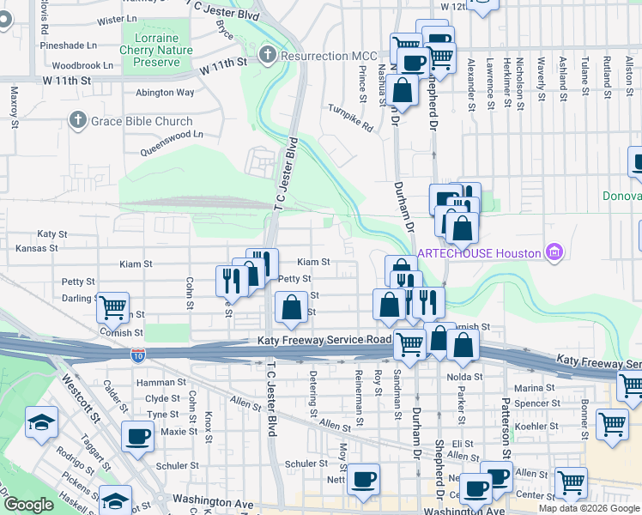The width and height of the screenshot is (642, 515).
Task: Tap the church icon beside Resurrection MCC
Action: pyautogui.click(x=268, y=56)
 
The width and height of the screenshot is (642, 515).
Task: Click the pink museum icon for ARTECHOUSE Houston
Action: pyautogui.click(x=554, y=252)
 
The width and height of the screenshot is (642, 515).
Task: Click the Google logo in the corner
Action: pyautogui.click(x=27, y=506)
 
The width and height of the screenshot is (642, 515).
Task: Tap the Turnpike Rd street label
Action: pyautogui.click(x=351, y=118)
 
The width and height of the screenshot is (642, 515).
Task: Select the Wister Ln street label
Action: pyautogui.click(x=118, y=19)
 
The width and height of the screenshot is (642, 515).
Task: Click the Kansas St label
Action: pyautogui.click(x=36, y=248)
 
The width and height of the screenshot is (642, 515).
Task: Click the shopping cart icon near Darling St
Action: pyautogui.click(x=112, y=306)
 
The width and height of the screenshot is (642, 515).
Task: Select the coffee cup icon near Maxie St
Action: pyautogui.click(x=137, y=435)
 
